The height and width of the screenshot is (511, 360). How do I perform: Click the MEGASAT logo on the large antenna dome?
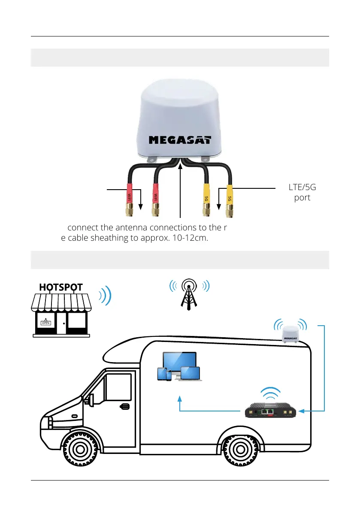[x=180, y=140]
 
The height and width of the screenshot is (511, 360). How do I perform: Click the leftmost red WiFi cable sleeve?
[x=129, y=193]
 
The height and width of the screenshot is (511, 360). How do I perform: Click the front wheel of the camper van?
[x=78, y=450]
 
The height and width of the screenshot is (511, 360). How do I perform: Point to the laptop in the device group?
[x=191, y=374]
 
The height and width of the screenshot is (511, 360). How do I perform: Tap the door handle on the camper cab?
[x=124, y=406]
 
